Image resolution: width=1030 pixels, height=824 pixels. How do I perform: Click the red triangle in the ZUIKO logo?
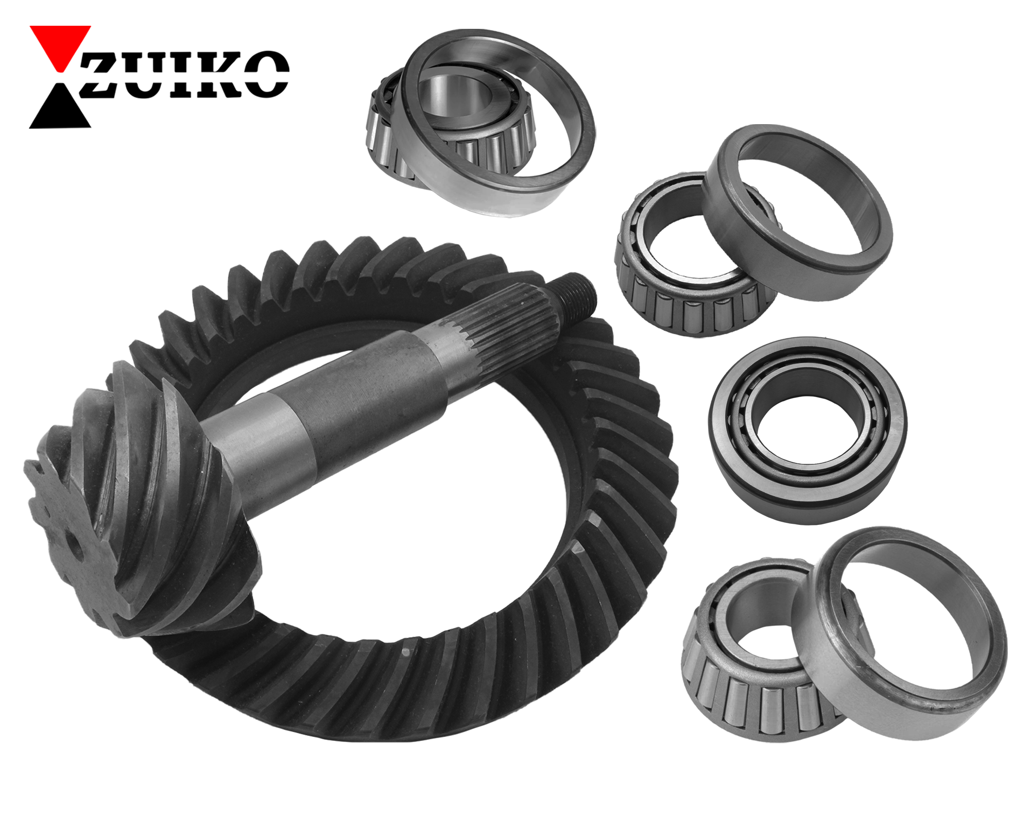(x=60, y=43)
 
